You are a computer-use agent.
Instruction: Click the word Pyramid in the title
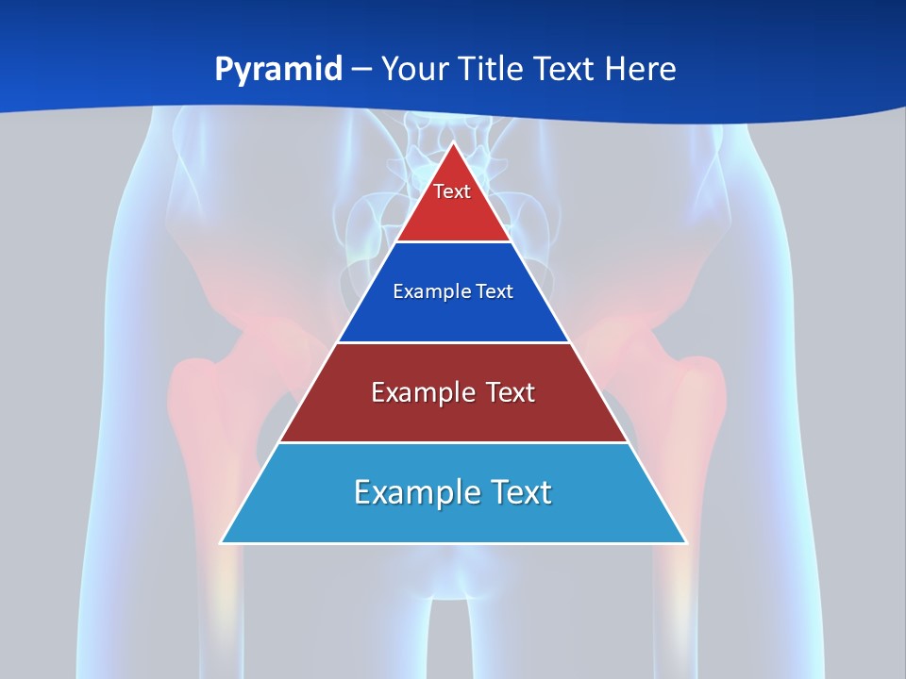point(278,70)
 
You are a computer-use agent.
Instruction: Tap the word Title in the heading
point(494,70)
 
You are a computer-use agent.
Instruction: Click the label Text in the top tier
point(452,192)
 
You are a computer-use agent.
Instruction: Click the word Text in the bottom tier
point(518,492)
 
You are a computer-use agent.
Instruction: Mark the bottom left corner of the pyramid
point(222,542)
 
